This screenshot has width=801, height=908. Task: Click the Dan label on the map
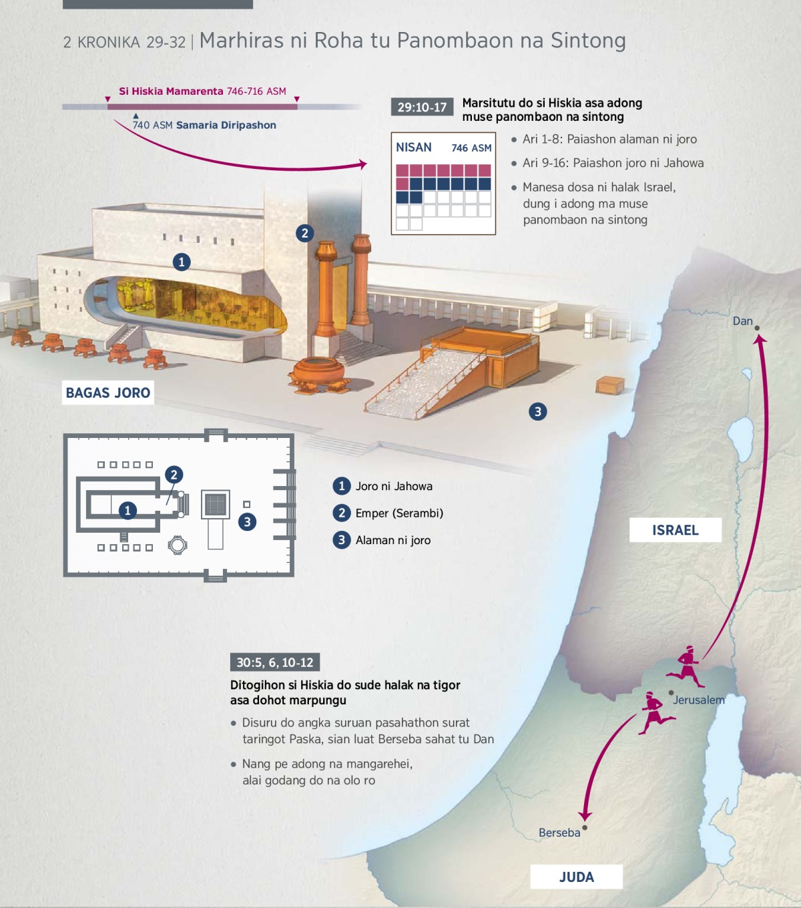[742, 321]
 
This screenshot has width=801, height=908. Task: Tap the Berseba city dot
[585, 828]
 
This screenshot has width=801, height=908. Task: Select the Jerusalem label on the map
[698, 700]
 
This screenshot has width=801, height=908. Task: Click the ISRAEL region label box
[675, 530]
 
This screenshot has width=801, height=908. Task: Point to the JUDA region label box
[576, 877]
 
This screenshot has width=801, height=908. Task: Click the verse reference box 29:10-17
[422, 107]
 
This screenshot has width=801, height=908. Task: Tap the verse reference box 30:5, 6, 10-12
[274, 662]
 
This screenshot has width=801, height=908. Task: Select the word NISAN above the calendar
[414, 148]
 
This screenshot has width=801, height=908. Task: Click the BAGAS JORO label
[108, 393]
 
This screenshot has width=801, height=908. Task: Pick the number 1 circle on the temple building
[182, 262]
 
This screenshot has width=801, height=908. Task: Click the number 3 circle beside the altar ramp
[537, 411]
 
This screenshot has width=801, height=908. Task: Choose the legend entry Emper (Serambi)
[398, 513]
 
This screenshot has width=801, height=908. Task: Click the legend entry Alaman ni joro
[392, 540]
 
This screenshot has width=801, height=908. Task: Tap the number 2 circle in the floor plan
[174, 475]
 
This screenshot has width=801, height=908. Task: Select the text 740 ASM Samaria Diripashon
[204, 125]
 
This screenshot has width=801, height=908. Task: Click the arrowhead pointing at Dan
[760, 339]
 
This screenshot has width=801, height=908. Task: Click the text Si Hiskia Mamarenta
[171, 91]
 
